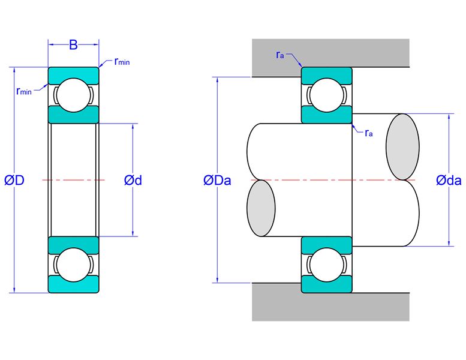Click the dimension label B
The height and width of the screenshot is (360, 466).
click(73, 45)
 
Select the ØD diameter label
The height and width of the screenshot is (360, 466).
click(14, 180)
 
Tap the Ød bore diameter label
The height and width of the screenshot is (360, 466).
click(133, 180)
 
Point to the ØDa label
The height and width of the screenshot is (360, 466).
click(217, 181)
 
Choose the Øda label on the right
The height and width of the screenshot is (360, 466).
click(449, 181)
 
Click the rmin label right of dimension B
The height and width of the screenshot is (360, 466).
click(122, 62)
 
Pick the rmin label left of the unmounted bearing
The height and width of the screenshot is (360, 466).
click(24, 91)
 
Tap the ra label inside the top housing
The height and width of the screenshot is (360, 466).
click(280, 55)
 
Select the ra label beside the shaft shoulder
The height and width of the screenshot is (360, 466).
click(368, 133)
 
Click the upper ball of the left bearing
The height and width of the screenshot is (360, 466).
click(73, 95)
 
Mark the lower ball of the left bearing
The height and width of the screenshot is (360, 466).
click(73, 265)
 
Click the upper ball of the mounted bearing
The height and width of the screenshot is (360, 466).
click(327, 95)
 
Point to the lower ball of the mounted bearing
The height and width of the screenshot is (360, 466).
click(327, 265)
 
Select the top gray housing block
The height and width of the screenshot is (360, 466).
click(330, 53)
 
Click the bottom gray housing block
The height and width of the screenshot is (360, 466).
click(330, 306)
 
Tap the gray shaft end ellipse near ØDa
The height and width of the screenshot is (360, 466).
click(261, 208)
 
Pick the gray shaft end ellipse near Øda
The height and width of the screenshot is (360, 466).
click(402, 147)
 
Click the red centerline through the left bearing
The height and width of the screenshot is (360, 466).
click(73, 180)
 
